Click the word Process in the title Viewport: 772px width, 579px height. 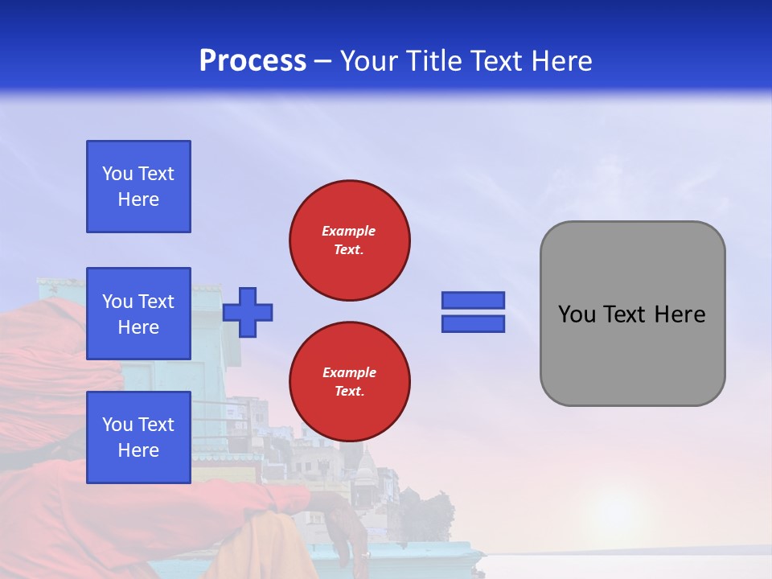(x=253, y=61)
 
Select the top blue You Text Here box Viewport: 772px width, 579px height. (x=138, y=187)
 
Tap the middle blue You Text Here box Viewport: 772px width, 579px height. (x=138, y=314)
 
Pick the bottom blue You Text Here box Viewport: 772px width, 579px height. (x=138, y=437)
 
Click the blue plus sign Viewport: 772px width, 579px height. (x=248, y=312)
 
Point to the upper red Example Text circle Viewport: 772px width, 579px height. (x=349, y=240)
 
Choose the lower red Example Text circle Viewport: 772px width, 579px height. (x=349, y=381)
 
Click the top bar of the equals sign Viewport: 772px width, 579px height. (x=474, y=300)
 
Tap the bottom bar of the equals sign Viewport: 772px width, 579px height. (x=474, y=324)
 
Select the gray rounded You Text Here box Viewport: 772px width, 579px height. (x=632, y=314)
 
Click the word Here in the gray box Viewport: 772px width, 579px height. (x=680, y=314)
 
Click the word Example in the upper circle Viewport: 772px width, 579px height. (x=349, y=231)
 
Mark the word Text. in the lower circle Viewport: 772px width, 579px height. (x=349, y=391)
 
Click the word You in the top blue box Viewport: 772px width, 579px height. (x=117, y=174)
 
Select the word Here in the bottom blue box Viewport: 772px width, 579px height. (x=138, y=450)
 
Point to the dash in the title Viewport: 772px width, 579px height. (x=323, y=62)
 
